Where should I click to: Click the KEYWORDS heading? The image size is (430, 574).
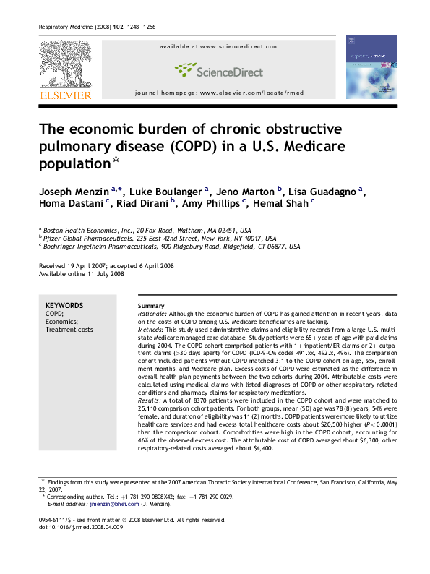click(x=64, y=305)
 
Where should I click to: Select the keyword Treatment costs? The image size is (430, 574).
click(x=69, y=330)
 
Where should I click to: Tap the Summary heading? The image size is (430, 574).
click(x=150, y=305)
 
